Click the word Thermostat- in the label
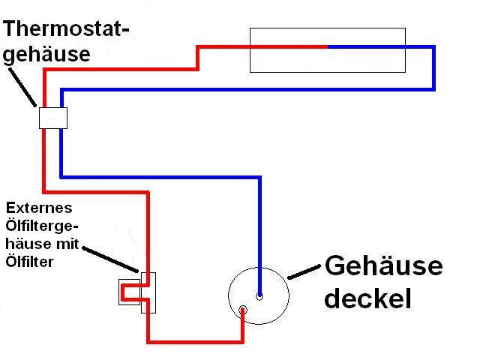point(67,30)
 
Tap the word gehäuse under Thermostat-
point(47,55)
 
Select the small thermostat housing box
point(53,118)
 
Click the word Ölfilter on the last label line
point(28,261)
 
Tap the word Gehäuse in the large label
point(382,266)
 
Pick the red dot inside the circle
point(243,310)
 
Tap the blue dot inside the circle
point(259,296)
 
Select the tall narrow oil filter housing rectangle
point(148,292)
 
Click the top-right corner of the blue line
point(433,47)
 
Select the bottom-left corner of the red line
point(148,342)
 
